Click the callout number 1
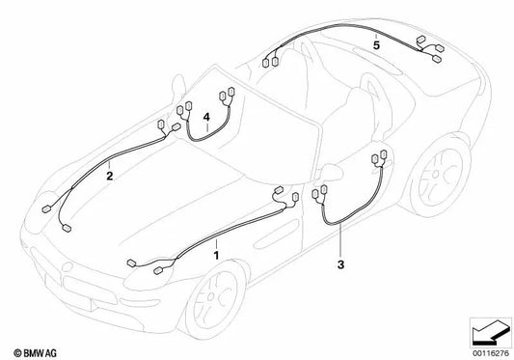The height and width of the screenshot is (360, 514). point(216,254)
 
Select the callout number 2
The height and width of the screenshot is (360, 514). point(109,177)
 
